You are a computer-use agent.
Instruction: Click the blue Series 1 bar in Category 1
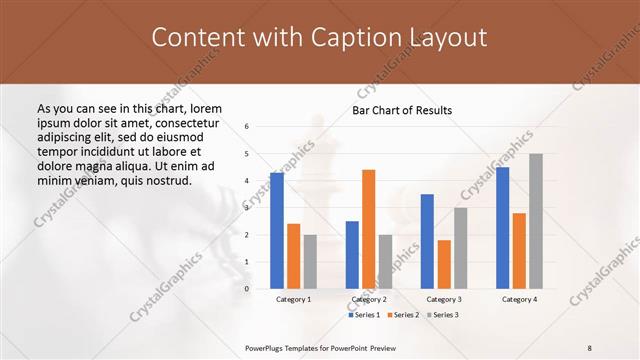276,231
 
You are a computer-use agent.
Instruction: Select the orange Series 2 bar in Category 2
368,229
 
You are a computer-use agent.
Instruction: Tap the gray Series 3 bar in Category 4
536,221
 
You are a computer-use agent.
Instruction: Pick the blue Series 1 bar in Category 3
427,241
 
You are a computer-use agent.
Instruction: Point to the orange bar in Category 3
444,264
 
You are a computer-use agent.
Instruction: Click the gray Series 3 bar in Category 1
310,262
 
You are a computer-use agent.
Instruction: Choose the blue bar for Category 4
502,228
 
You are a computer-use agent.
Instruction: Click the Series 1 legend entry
364,315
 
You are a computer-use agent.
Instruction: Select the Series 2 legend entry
402,315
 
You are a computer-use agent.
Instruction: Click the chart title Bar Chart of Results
402,110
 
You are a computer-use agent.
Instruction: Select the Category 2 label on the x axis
368,299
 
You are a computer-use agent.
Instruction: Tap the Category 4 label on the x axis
519,299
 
